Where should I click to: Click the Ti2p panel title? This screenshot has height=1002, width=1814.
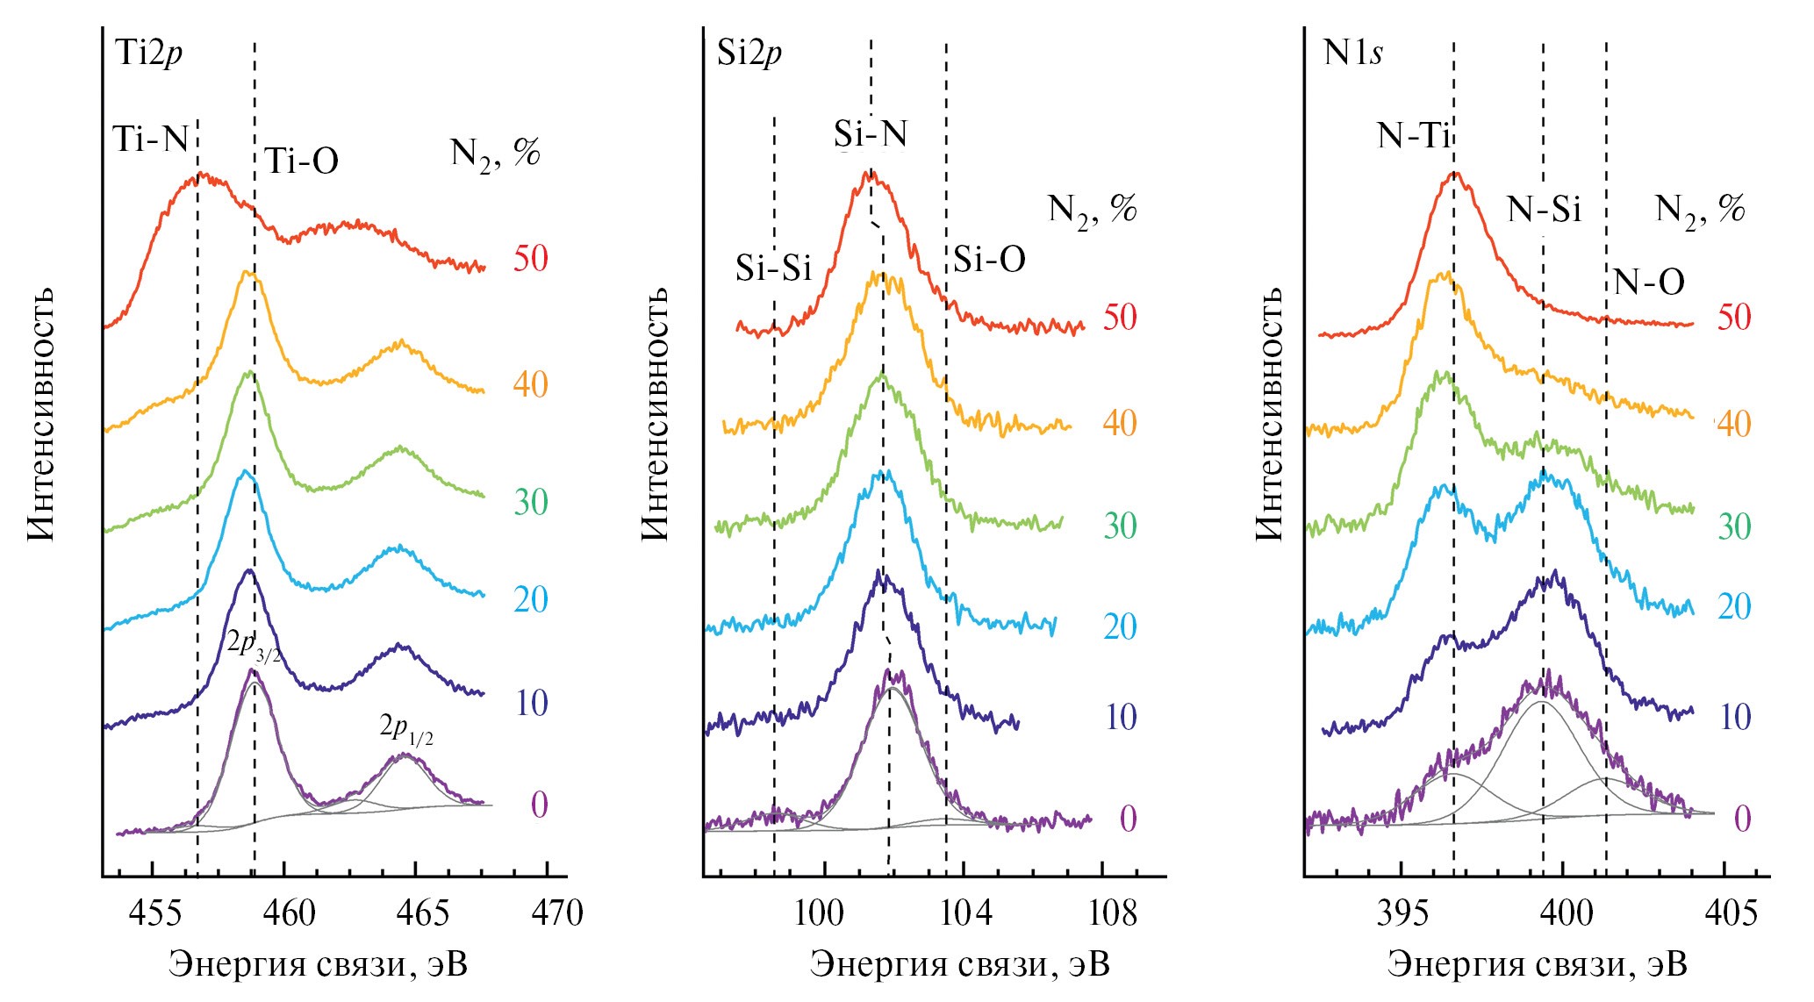pos(148,54)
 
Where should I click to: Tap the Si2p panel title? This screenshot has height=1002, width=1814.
pos(749,54)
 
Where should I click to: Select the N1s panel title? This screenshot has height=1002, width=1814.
pos(1352,54)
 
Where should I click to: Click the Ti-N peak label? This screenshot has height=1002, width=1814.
pos(151,139)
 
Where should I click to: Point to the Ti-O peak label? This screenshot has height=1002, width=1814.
pos(301,161)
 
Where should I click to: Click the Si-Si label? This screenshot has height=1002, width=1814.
pos(773,268)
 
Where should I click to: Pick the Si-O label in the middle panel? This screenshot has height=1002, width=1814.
pos(989,260)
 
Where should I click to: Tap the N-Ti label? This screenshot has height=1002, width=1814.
pos(1413,136)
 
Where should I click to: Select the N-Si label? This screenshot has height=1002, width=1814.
pos(1544,210)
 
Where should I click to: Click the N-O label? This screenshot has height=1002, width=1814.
pos(1649,283)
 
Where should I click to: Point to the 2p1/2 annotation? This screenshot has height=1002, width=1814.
pos(406,728)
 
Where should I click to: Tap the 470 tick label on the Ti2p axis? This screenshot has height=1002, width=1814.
pos(557,913)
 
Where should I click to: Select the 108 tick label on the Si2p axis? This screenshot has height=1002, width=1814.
pos(1112,913)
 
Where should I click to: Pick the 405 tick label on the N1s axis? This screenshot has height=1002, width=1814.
pos(1731,913)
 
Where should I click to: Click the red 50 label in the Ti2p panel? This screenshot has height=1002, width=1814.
pos(530,259)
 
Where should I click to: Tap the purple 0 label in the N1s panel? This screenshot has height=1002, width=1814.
pos(1742,819)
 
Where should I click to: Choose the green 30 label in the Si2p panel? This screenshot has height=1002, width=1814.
pos(1120,526)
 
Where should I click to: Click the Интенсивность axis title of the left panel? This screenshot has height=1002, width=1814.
pos(41,412)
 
